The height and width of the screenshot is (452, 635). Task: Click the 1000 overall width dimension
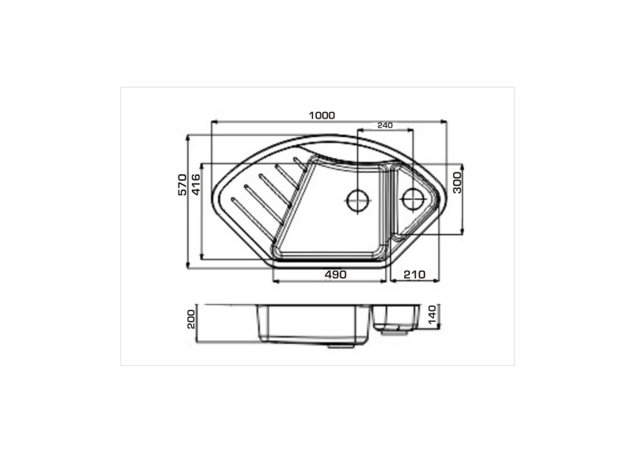point(322,116)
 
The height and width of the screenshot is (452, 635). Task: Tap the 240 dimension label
point(384,125)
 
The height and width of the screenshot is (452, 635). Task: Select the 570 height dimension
point(183,184)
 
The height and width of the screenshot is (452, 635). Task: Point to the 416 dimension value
point(196,184)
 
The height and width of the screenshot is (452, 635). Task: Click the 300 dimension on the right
point(457,182)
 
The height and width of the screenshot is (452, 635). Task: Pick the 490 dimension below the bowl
point(335,275)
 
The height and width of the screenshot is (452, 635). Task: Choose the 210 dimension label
point(415,275)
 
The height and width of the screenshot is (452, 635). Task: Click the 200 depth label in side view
point(191,319)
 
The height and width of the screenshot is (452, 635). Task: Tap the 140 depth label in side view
point(433,315)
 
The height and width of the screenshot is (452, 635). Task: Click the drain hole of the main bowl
point(359,200)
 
